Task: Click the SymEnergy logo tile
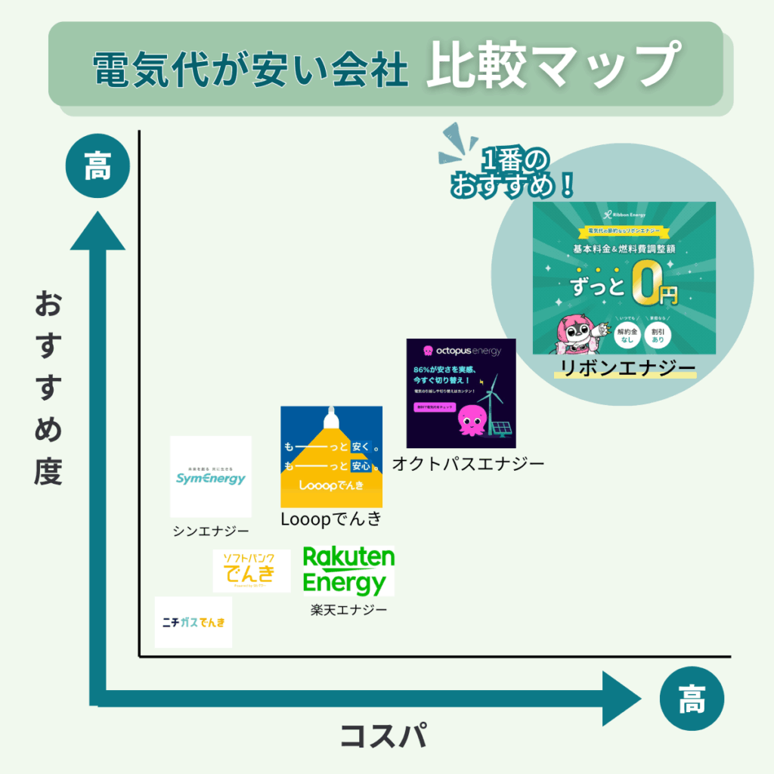pos(210,476)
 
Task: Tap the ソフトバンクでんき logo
pos(251,571)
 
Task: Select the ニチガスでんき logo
pos(193,622)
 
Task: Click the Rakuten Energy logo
pos(348,571)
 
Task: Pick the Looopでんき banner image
pos(331,457)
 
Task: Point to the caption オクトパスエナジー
pos(468,463)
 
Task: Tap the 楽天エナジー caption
pos(348,608)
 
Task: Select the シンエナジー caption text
pos(211,531)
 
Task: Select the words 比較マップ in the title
pos(550,67)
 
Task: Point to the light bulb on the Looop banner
pos(330,417)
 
